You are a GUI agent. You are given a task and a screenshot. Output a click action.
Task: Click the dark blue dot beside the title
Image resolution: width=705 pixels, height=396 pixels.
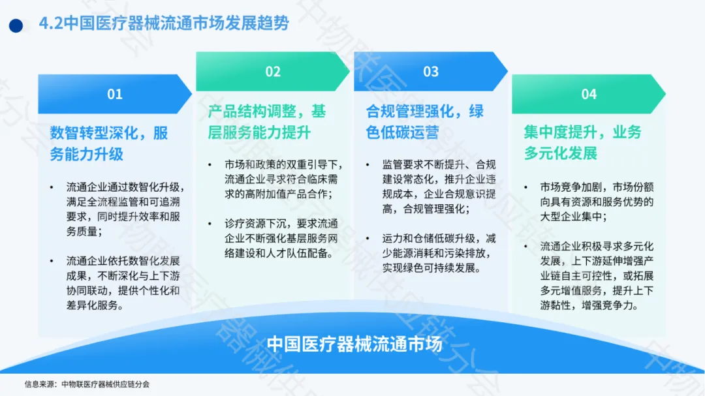pos(16,25)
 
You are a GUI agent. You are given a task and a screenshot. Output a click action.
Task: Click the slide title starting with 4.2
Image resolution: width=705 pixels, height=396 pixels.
pos(164,23)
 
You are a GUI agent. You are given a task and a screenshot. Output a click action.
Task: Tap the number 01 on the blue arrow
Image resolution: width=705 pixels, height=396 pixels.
pos(115,94)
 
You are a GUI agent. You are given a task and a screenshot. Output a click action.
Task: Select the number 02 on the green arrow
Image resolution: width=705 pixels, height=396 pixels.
pos(273,72)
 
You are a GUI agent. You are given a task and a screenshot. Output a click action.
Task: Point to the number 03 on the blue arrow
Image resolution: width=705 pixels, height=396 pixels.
pos(431,72)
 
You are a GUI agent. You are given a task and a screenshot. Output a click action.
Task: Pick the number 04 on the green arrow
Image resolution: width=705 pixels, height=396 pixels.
pos(589,94)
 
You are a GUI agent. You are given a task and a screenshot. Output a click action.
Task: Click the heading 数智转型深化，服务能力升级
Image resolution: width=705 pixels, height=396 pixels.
pos(109,144)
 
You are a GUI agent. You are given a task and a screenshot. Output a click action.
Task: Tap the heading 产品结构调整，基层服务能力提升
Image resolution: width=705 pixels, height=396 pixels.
pos(266,122)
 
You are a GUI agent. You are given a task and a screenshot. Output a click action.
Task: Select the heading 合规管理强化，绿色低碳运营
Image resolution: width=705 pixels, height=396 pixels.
pos(425,122)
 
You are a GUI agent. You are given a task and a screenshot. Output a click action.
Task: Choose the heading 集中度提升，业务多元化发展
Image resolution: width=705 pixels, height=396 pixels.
pos(583,142)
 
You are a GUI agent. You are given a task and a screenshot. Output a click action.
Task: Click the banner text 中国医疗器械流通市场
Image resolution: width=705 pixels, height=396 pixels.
pos(354,344)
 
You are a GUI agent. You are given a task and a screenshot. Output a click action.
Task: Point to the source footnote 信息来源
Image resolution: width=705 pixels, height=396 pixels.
pos(87,384)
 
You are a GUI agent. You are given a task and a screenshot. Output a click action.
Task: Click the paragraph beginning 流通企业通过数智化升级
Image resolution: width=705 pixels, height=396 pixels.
pos(125,209)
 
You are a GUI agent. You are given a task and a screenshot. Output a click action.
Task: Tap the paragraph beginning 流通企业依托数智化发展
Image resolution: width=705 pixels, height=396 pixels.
pos(123,282)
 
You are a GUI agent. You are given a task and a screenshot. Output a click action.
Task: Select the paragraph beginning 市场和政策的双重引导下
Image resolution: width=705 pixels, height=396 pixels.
pos(284,179)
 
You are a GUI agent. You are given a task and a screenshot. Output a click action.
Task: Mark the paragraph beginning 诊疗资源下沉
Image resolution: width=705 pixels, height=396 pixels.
pos(281,238)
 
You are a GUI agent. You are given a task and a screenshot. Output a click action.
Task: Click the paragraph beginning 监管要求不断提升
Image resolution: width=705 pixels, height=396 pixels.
pos(439,187)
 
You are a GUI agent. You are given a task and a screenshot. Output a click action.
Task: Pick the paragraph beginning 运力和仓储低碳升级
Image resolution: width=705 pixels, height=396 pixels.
pos(439,253)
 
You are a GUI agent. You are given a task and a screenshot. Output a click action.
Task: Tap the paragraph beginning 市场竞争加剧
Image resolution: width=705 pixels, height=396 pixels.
pos(597,202)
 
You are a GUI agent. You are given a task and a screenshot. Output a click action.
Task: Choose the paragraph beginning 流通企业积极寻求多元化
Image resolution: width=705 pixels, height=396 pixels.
pos(597,275)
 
